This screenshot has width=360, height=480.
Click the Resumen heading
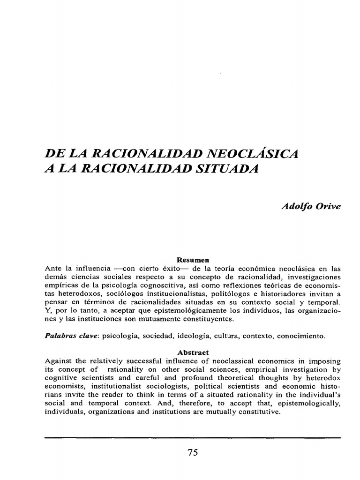[x=193, y=259]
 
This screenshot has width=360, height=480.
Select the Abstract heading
[x=193, y=352]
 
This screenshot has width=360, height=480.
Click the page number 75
[x=193, y=452]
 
